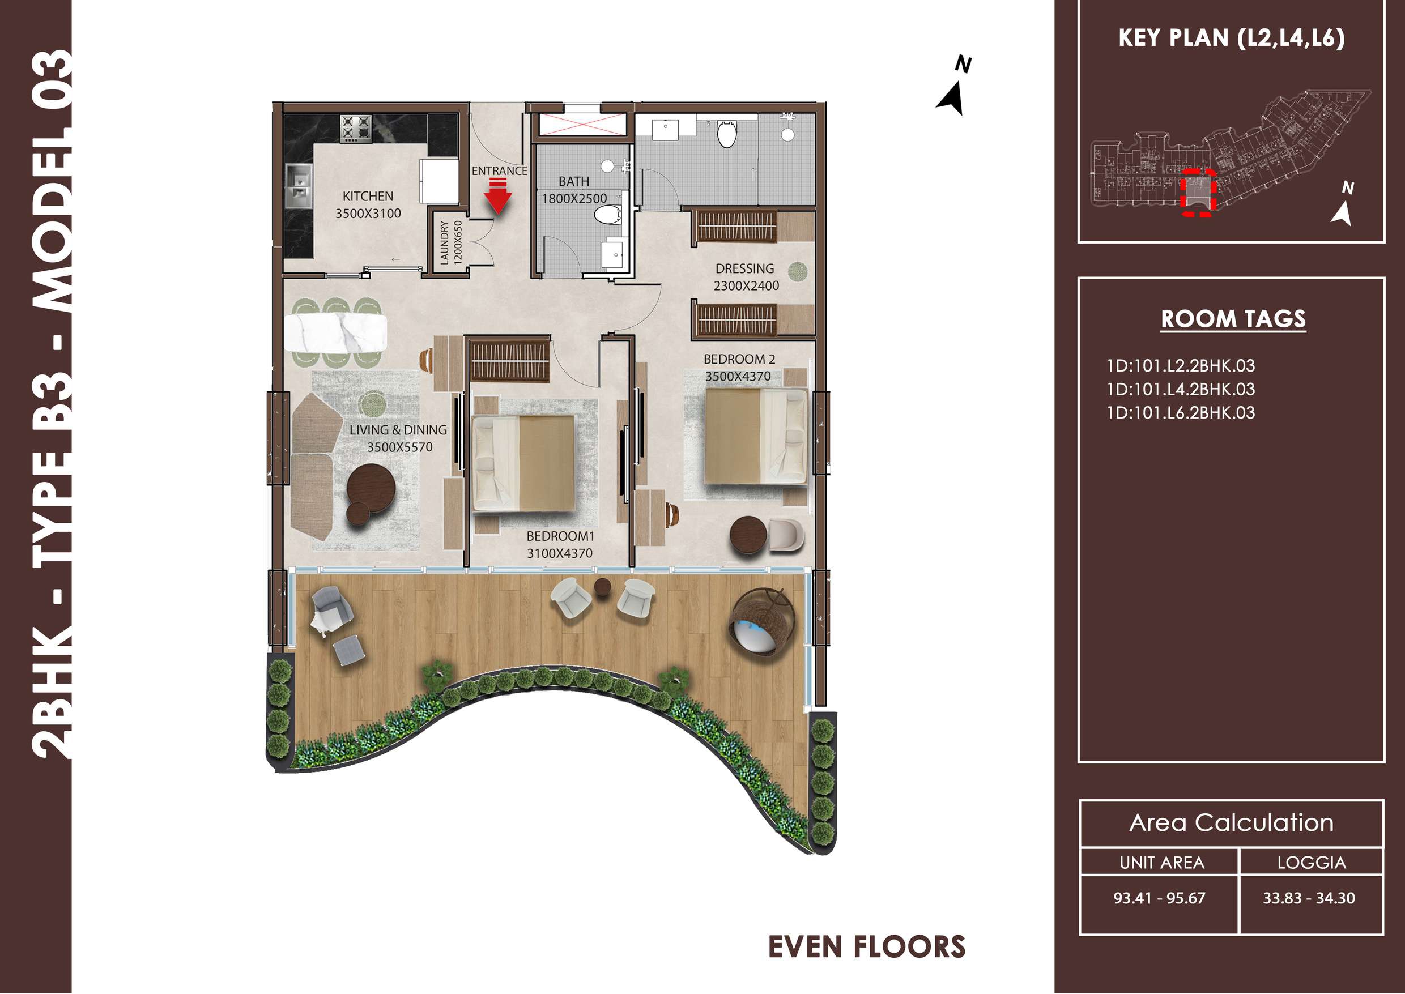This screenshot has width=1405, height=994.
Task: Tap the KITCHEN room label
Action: coord(368,197)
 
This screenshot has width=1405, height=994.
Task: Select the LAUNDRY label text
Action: coord(445,243)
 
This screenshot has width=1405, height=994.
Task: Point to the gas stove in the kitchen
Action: coord(356,129)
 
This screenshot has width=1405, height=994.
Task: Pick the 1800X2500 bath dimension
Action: coord(574,198)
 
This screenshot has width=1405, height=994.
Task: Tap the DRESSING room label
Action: coord(744,268)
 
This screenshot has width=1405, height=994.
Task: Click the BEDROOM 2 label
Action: coord(739,359)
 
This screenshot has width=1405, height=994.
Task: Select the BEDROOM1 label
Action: coord(560,536)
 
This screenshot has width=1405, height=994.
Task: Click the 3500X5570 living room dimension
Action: coord(400,447)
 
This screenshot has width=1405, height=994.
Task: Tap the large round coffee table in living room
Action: coord(371,487)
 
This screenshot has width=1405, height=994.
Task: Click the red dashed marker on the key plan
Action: coord(1198,192)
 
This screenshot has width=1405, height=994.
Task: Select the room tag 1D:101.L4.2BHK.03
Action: coord(1180,389)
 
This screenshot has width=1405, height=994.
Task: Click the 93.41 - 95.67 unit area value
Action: coord(1159,898)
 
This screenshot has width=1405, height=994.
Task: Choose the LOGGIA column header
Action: coord(1312,863)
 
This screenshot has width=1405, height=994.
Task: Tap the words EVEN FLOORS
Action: coord(866,947)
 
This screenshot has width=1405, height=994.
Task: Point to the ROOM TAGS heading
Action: coord(1233,319)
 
